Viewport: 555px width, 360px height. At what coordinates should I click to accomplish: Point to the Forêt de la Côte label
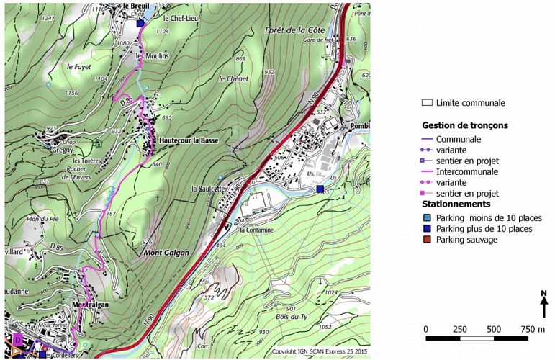tap(295, 30)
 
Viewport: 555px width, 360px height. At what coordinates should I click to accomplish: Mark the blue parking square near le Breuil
tap(140, 24)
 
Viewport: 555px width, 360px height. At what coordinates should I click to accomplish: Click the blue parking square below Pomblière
tap(320, 189)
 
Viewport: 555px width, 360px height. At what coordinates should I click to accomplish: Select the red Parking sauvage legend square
tap(427, 240)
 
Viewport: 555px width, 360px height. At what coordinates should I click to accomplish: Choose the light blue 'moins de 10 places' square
tap(427, 217)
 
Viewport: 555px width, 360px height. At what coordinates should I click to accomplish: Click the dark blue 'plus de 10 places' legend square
tap(427, 229)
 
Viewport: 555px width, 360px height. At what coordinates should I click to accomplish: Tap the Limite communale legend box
tap(427, 103)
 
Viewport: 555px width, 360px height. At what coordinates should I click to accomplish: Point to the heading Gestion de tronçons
tap(464, 125)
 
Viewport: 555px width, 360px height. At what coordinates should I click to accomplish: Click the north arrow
tap(543, 304)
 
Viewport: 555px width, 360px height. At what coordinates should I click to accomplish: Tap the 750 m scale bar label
tap(532, 329)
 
